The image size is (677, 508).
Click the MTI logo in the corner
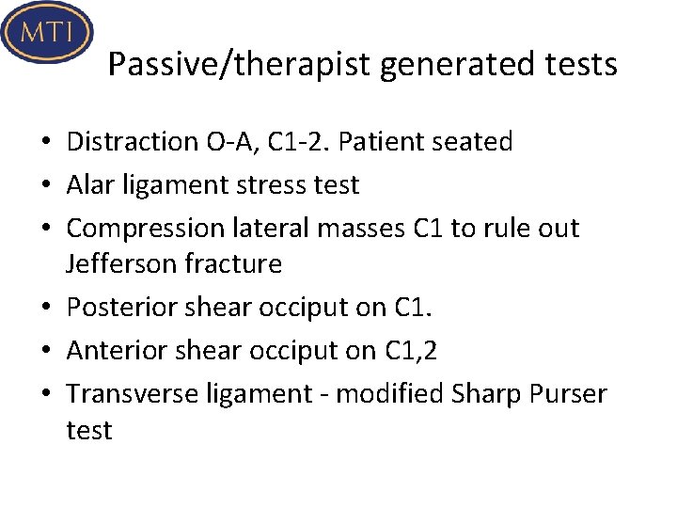47,34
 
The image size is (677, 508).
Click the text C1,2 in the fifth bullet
411,351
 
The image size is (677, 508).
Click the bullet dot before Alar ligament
45,186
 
